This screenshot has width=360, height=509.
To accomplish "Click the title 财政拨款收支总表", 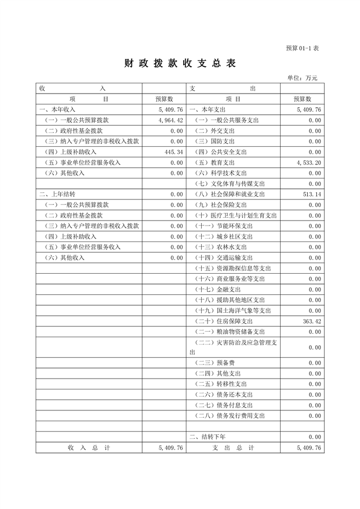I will point(179,63).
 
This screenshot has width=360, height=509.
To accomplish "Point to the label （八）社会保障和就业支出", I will point(230,194).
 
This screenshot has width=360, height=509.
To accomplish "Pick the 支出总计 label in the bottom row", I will point(233,448).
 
